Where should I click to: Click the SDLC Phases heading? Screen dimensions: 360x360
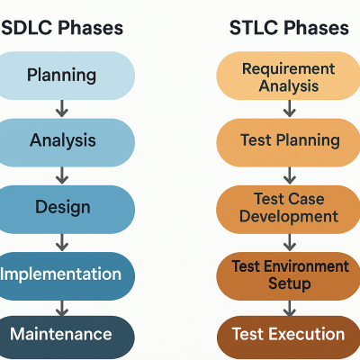click(x=61, y=28)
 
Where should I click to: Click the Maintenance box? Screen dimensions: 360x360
click(x=61, y=335)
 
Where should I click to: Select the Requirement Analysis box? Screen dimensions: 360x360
click(x=288, y=76)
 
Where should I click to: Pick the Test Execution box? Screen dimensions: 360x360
click(x=288, y=335)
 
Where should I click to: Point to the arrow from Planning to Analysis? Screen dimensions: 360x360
click(x=62, y=107)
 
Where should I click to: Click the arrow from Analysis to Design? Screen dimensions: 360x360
click(x=62, y=174)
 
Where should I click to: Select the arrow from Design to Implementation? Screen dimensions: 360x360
click(x=62, y=240)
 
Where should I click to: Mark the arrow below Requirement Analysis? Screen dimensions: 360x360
click(x=289, y=108)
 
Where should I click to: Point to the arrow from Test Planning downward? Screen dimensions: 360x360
click(x=289, y=175)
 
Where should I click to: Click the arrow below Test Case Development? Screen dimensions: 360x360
click(x=289, y=241)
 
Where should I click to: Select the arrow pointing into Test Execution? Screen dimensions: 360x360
click(x=289, y=305)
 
